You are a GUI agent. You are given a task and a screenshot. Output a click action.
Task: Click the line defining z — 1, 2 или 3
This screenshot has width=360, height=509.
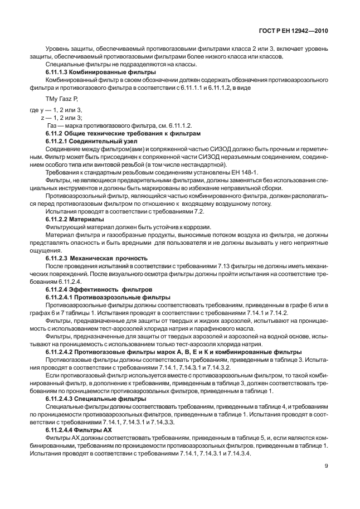click(61, 118)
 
